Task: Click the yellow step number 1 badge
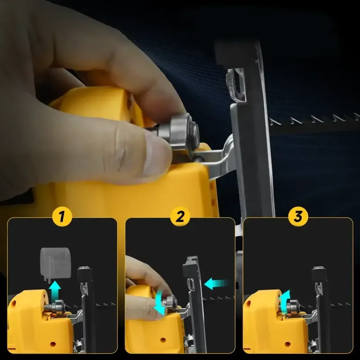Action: (62, 216)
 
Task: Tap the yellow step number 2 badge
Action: (180, 216)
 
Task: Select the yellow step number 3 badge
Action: (298, 216)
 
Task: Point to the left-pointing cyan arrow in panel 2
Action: (216, 284)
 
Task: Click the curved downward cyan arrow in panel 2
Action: (160, 303)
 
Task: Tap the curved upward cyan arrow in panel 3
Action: (285, 302)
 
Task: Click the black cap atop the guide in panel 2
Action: (190, 266)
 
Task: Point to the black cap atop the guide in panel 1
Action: (85, 274)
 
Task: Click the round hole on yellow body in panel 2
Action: (163, 339)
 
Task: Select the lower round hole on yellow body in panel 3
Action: (288, 344)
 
